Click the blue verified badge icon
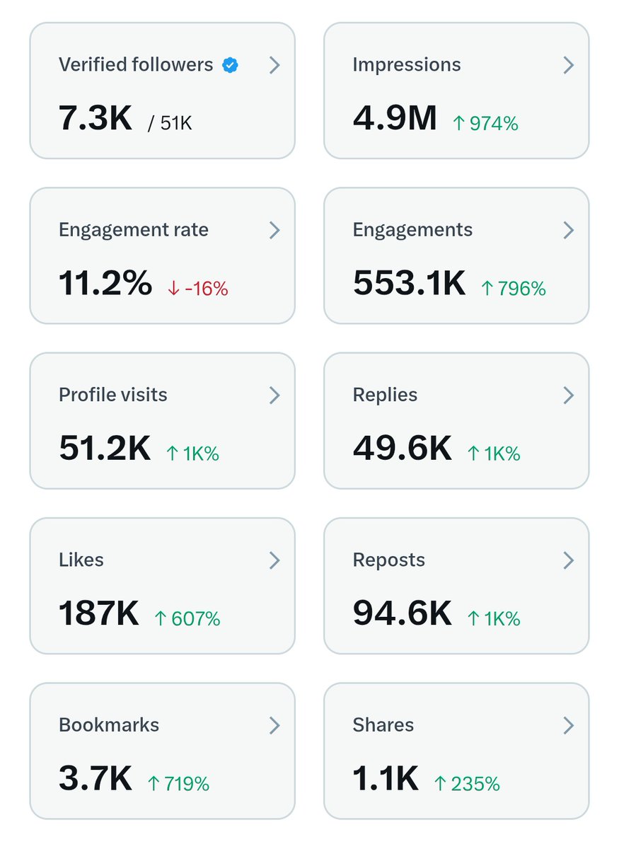pyautogui.click(x=230, y=66)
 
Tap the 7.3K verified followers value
pyautogui.click(x=96, y=117)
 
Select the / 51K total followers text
pyautogui.click(x=170, y=123)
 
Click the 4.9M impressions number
pyautogui.click(x=395, y=117)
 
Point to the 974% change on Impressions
pyautogui.click(x=485, y=124)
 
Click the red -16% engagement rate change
pyautogui.click(x=198, y=289)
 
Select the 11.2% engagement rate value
pyautogui.click(x=105, y=283)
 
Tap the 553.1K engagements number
pyautogui.click(x=409, y=283)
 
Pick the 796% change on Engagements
pyautogui.click(x=514, y=289)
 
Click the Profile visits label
pyautogui.click(x=113, y=395)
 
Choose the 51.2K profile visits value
pyautogui.click(x=105, y=448)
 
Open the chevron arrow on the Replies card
pyautogui.click(x=568, y=395)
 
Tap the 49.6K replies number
pyautogui.click(x=402, y=448)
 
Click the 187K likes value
pyautogui.click(x=99, y=613)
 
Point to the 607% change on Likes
pyautogui.click(x=187, y=619)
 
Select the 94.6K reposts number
pyautogui.click(x=402, y=613)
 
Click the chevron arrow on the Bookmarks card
pyautogui.click(x=274, y=725)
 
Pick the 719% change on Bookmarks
pyautogui.click(x=178, y=784)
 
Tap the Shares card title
pyautogui.click(x=383, y=725)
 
